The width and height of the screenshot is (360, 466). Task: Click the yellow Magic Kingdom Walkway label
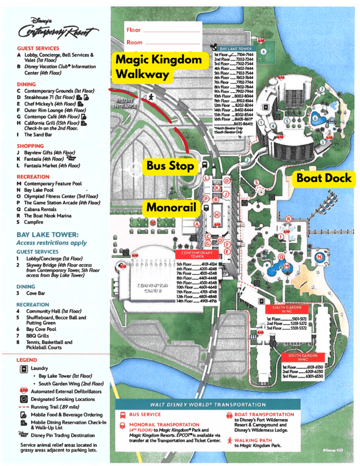point(159,67)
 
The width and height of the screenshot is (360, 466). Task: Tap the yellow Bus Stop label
point(170,165)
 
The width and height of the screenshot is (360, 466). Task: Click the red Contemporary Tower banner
point(197,255)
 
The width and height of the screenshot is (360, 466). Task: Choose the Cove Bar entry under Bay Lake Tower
point(35,293)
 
